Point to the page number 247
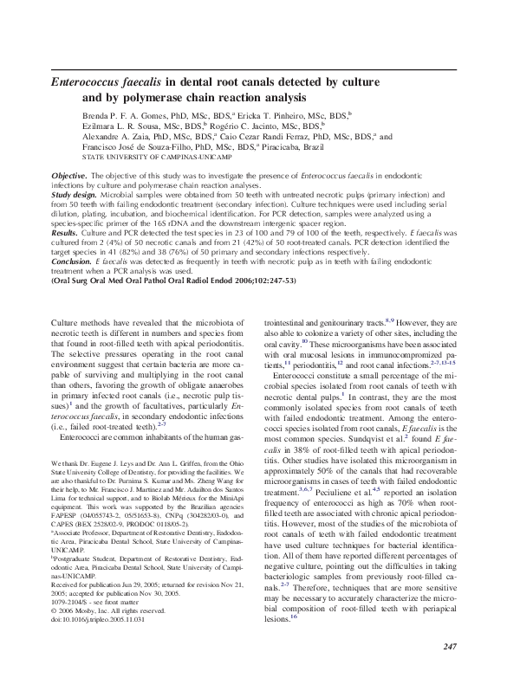tap(449, 646)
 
